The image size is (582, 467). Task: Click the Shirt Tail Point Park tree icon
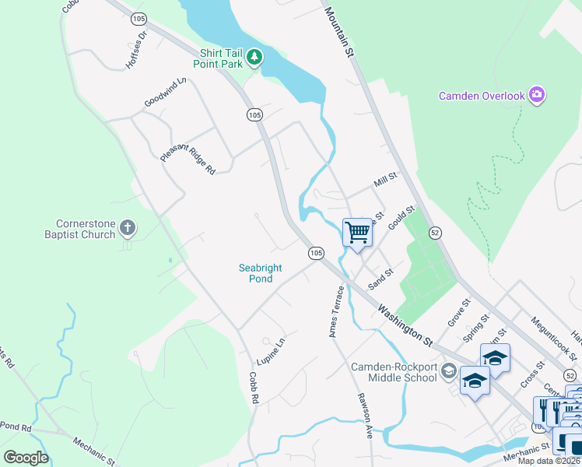point(254,57)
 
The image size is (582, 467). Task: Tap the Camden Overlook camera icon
point(536,96)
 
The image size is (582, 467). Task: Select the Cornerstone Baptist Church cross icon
point(128,228)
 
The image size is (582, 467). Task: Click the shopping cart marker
point(357,232)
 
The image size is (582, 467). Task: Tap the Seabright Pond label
point(261,273)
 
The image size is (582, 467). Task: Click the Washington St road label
point(405,325)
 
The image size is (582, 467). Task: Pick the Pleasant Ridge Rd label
point(188,145)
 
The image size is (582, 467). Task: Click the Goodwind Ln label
point(166,92)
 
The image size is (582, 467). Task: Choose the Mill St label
point(385,181)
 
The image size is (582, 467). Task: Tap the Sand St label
point(381,277)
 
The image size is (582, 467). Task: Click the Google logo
point(26,457)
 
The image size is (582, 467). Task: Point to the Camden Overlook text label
point(481,97)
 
